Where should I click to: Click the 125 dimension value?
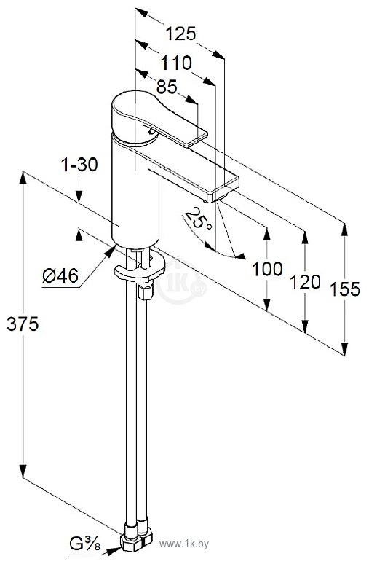point(180,34)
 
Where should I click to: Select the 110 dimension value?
point(176,63)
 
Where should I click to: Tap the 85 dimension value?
point(167,86)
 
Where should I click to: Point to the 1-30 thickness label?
point(79,165)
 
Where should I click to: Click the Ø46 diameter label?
point(60,276)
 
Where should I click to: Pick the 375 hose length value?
point(23,324)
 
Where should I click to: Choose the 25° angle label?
point(198,219)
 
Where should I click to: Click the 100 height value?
point(267,269)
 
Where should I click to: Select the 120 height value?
point(305,282)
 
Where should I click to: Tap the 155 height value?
point(344,289)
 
